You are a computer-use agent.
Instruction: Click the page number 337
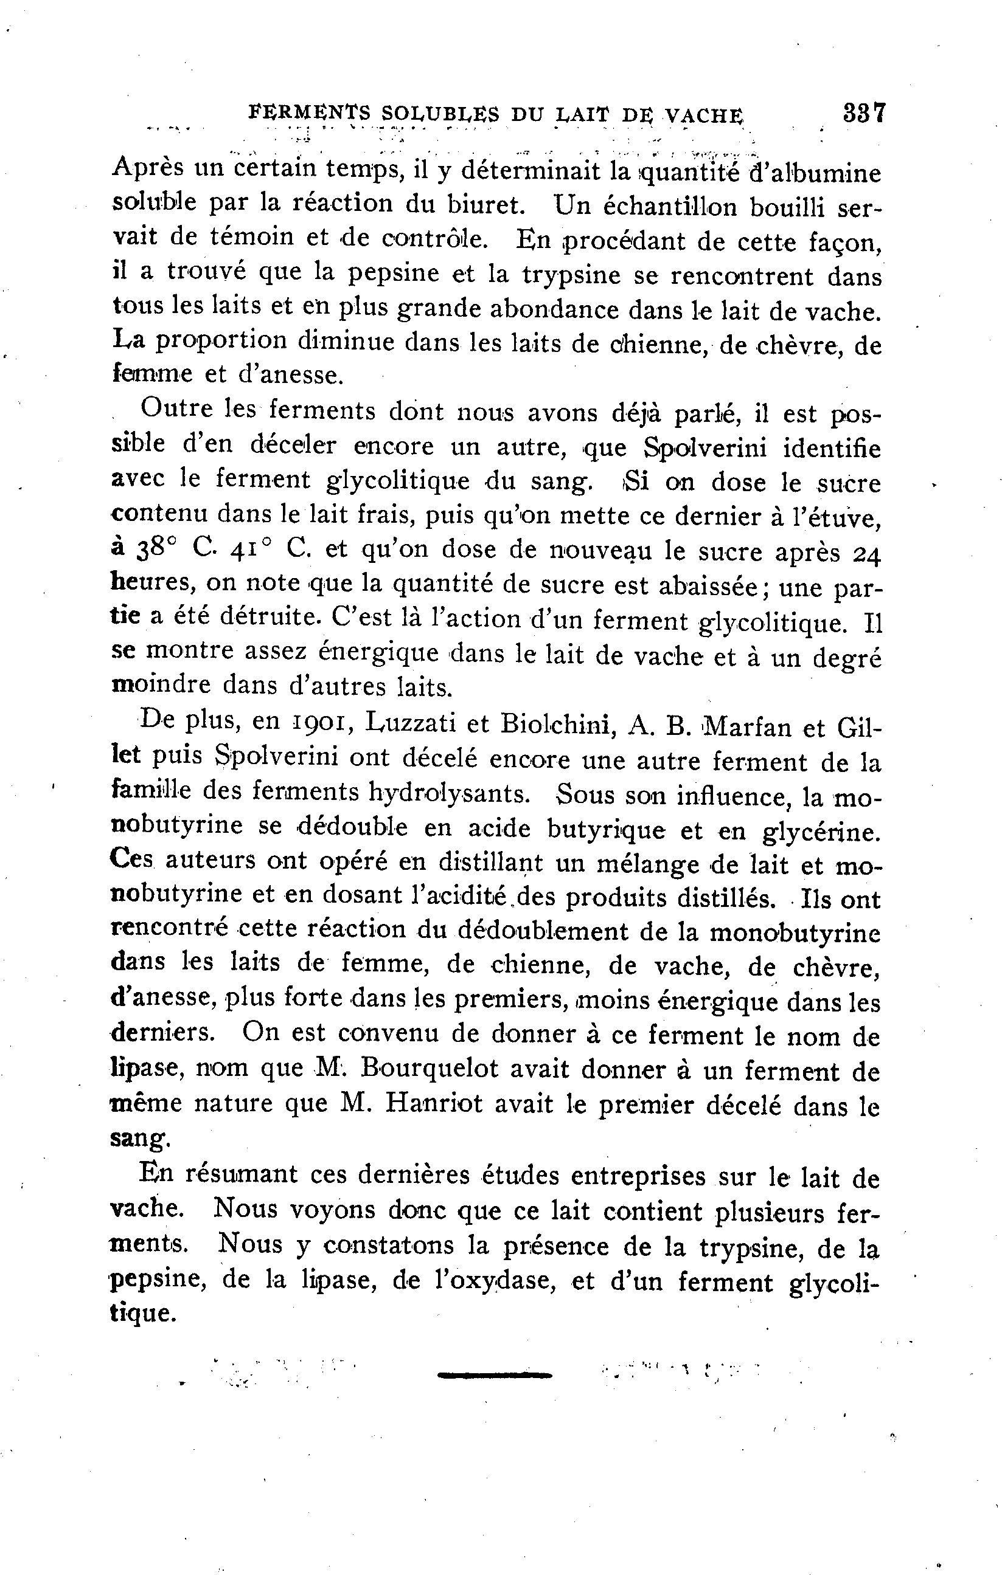pyautogui.click(x=864, y=112)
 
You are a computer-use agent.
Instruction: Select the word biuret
pyautogui.click(x=485, y=205)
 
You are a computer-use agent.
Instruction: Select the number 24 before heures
pyautogui.click(x=867, y=554)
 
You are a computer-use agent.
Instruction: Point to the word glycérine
pyautogui.click(x=821, y=833)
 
